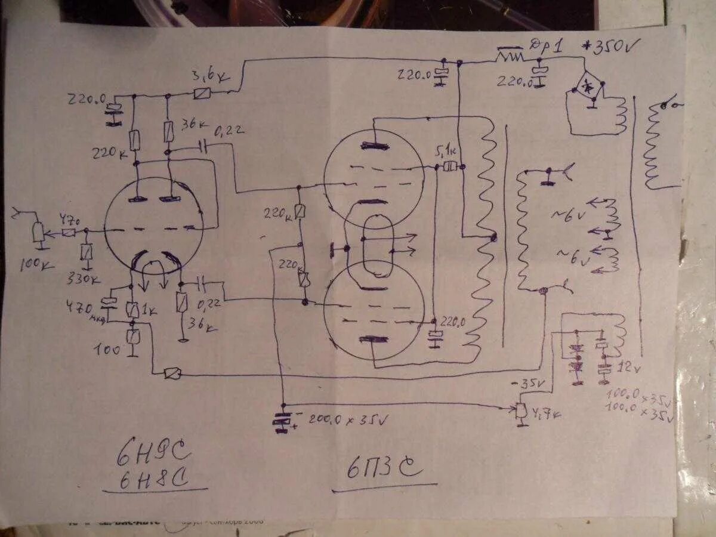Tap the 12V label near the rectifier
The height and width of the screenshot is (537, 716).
[x=628, y=366]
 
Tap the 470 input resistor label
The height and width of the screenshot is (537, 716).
[x=69, y=219]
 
